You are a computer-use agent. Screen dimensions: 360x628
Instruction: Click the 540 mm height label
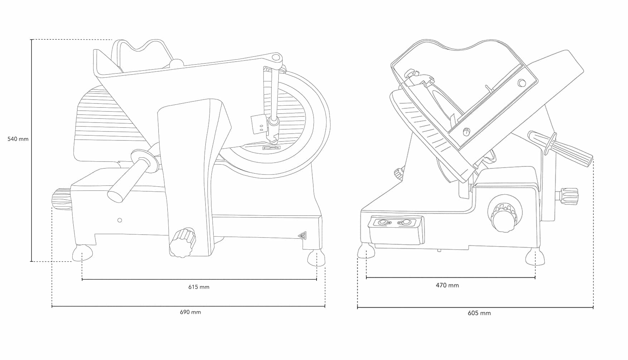[x=18, y=139]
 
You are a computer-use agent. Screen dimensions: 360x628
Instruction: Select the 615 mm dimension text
[x=199, y=287]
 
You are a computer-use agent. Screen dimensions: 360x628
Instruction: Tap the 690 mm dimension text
[x=190, y=312]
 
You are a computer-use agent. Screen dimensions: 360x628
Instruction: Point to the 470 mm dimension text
[x=447, y=285]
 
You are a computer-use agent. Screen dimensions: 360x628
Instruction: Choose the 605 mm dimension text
[x=479, y=313]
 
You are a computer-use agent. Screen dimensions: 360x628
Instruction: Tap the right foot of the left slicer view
[x=316, y=258]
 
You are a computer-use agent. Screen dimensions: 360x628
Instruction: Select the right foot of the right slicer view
[x=535, y=257]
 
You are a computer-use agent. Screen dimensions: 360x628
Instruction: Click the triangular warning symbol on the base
[x=303, y=235]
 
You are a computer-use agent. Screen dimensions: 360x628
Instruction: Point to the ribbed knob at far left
[x=62, y=200]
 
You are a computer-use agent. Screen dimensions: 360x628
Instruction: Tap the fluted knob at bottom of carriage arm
[x=183, y=242]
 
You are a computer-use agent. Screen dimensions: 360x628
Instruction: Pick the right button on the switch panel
[x=406, y=222]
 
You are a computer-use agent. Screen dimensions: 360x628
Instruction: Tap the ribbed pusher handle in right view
[x=560, y=148]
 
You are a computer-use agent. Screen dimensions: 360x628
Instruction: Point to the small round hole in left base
[x=120, y=220]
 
